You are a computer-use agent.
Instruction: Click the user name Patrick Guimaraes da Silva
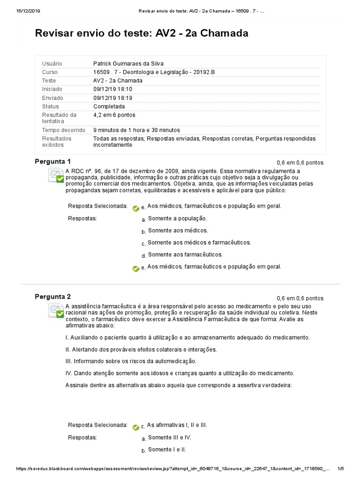coord(128,63)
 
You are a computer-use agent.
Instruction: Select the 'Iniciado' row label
coord(52,89)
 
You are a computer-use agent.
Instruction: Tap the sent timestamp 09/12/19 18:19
coord(112,98)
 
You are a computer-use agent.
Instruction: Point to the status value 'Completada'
coord(109,106)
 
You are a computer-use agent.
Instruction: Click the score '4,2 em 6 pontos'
coord(114,115)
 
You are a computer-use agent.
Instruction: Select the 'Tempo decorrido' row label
coord(64,130)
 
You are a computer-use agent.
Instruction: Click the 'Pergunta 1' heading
coord(52,162)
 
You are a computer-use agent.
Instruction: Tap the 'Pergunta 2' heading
coord(52,297)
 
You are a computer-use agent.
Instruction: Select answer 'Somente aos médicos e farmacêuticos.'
coord(199,243)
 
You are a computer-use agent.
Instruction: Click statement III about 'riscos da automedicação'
coord(131,361)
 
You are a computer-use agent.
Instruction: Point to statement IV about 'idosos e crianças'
coord(180,373)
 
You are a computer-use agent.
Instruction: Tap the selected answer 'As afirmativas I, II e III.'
coord(177,425)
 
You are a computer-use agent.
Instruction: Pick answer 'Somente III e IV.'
coord(169,437)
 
